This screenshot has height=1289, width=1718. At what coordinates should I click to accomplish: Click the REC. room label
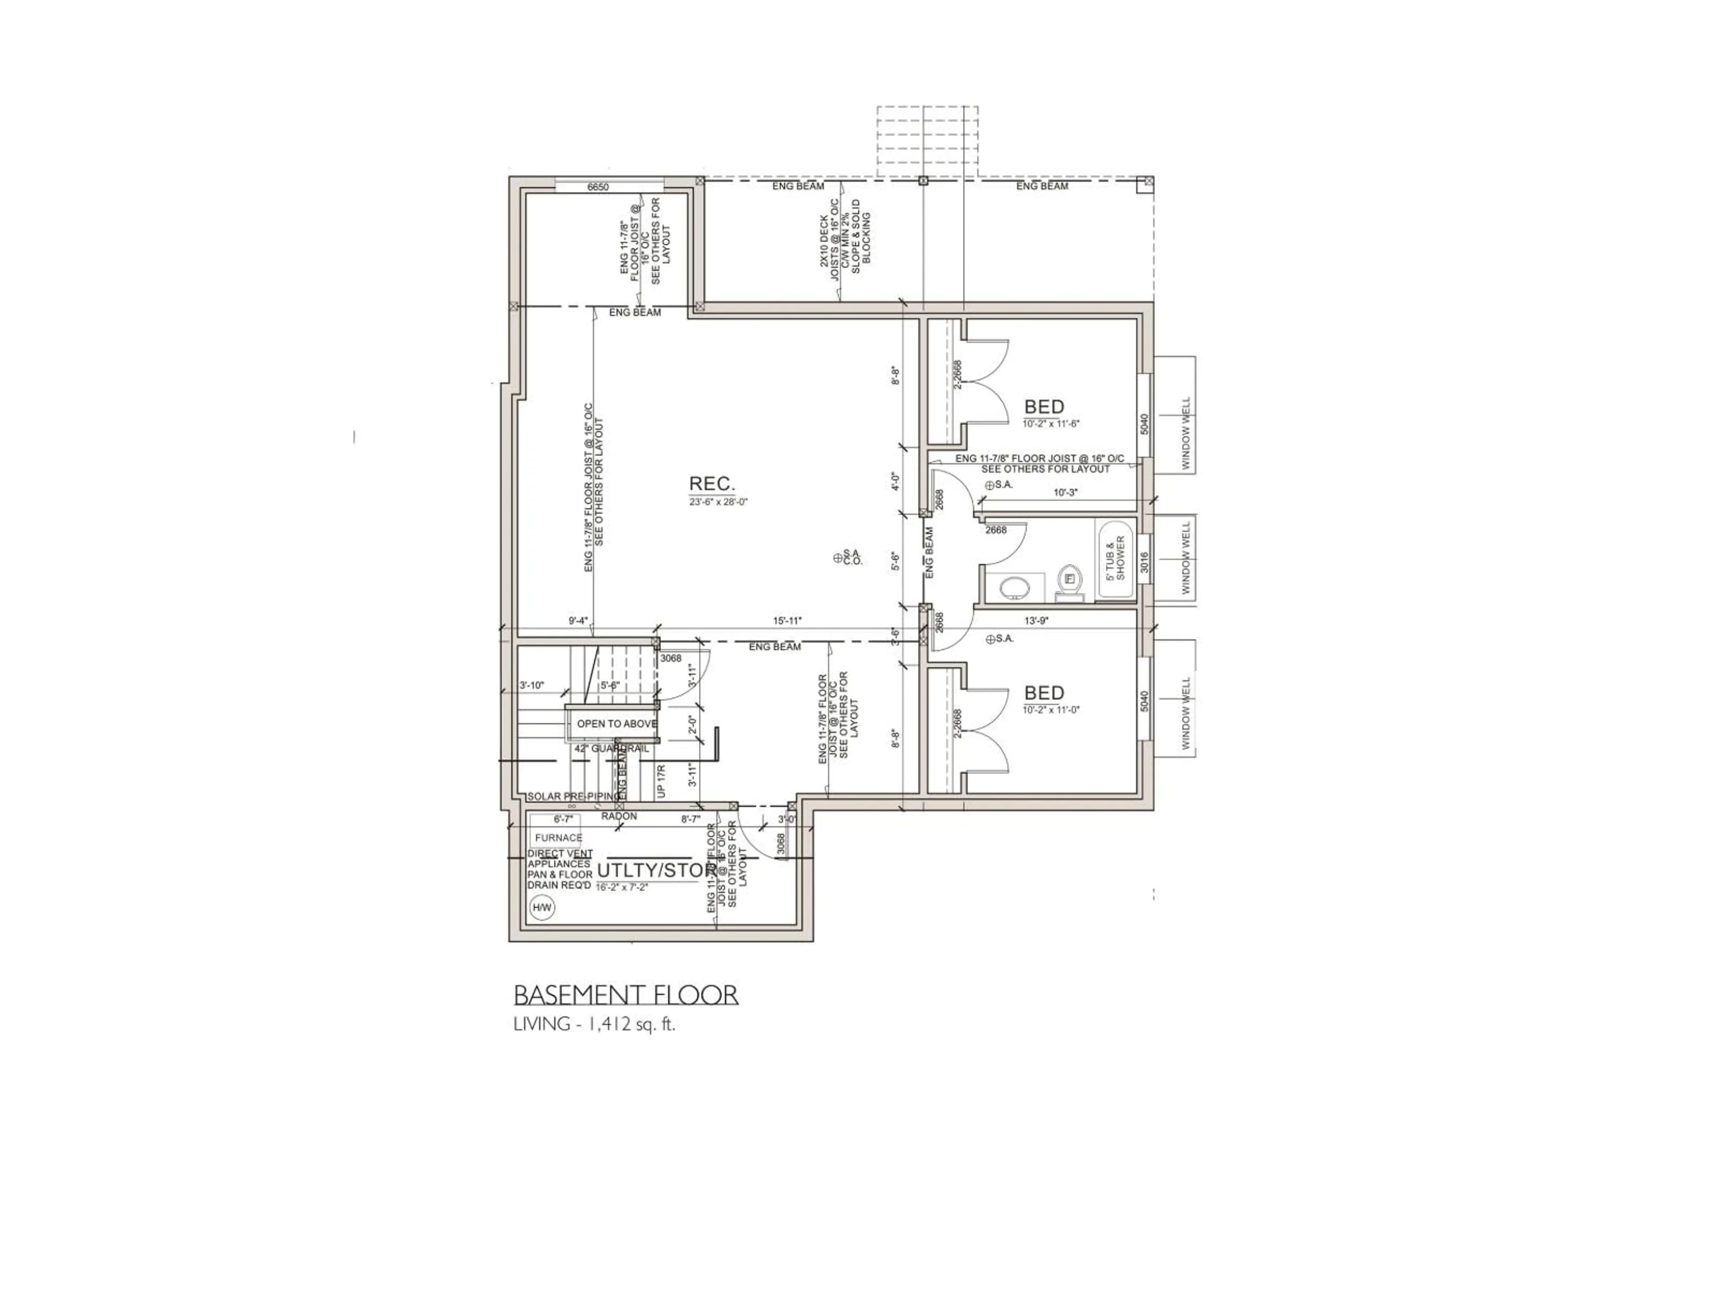point(711,484)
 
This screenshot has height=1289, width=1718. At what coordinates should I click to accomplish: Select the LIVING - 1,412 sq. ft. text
point(594,1024)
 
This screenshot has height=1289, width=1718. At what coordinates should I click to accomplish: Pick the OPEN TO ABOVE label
point(616,723)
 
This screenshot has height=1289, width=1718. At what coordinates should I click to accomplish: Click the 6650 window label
point(598,187)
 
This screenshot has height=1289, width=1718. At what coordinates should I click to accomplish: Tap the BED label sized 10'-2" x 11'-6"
point(1044,407)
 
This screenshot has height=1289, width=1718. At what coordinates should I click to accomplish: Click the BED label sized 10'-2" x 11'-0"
point(1044,693)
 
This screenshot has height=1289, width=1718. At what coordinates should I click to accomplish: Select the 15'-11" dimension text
point(787,621)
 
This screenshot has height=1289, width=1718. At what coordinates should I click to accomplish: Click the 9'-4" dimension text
point(578,621)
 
